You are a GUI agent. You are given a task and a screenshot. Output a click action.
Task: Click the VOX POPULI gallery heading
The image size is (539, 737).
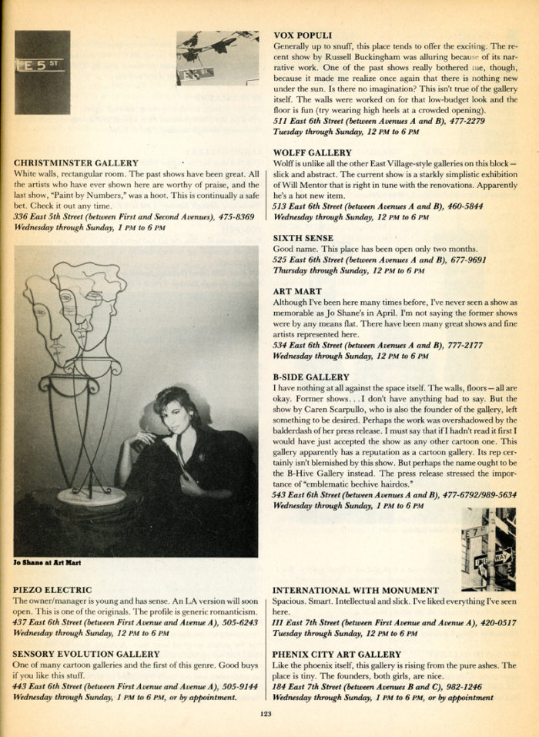303,35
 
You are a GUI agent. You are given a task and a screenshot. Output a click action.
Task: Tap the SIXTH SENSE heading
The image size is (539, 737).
302,239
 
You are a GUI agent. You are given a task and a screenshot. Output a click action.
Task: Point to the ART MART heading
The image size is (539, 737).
296,292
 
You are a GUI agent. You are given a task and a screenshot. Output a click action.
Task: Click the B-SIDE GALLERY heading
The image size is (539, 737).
311,377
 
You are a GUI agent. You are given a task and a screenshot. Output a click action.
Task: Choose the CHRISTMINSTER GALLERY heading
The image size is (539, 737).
76,163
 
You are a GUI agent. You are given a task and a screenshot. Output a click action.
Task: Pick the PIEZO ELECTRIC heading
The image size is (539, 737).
52,590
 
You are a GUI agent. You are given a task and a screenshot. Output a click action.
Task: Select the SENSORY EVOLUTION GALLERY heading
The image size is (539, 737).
86,654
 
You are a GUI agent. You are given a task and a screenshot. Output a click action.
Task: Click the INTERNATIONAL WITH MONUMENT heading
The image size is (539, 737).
355,590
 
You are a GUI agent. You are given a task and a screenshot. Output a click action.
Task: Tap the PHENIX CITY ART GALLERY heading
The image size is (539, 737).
336,654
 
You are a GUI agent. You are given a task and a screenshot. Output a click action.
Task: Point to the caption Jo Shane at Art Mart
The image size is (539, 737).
49,563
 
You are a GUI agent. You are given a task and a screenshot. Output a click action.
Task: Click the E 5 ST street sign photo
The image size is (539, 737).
42,72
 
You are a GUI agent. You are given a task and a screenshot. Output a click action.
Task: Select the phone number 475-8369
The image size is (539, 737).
235,217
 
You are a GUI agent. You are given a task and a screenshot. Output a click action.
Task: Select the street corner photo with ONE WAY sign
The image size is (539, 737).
487,549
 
